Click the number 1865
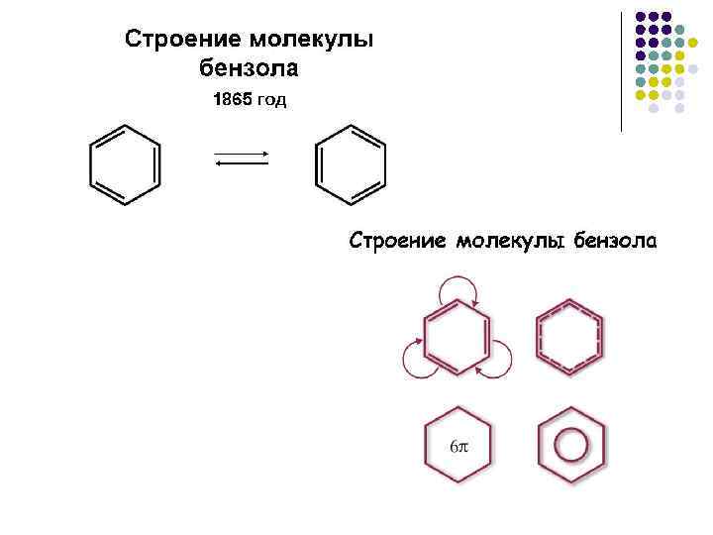(233, 101)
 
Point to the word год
(272, 101)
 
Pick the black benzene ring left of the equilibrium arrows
(125, 164)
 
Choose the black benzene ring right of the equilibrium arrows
(350, 164)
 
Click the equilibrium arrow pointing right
(243, 154)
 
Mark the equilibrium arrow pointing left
(243, 165)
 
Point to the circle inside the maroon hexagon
(570, 445)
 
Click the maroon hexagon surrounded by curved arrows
(457, 337)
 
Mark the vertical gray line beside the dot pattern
(622, 69)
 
